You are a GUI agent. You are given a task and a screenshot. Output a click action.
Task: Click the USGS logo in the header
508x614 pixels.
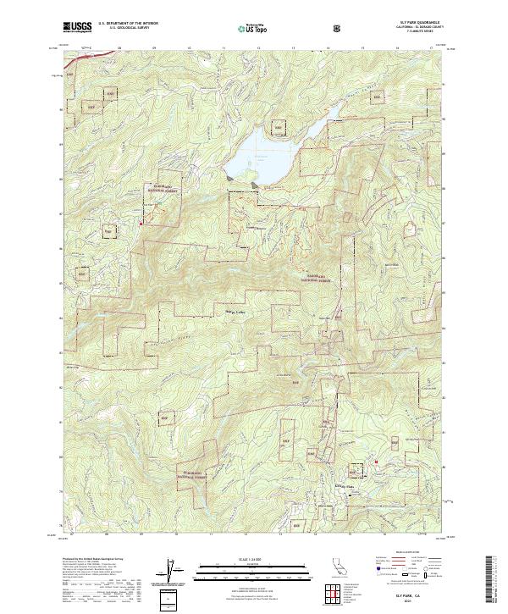[78, 28]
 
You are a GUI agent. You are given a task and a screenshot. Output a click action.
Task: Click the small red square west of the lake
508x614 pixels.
[141, 223]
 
